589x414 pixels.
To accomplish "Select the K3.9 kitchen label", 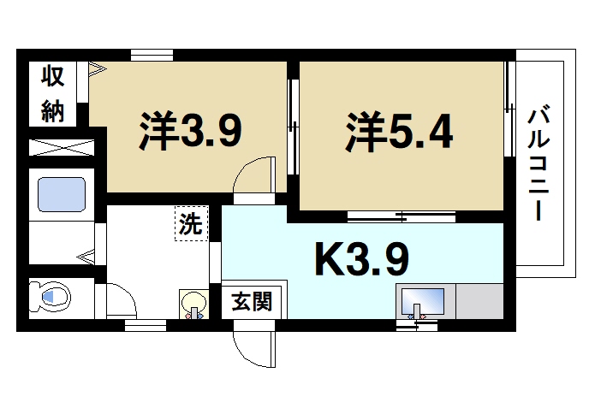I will pos(362,260).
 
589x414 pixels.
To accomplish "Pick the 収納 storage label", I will pos(53,94).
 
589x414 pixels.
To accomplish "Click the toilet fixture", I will pos(53,298).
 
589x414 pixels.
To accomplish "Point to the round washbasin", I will pos(194,302).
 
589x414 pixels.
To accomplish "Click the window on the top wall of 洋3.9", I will pos(154,56).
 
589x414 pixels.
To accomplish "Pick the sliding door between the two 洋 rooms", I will pos(292,128).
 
